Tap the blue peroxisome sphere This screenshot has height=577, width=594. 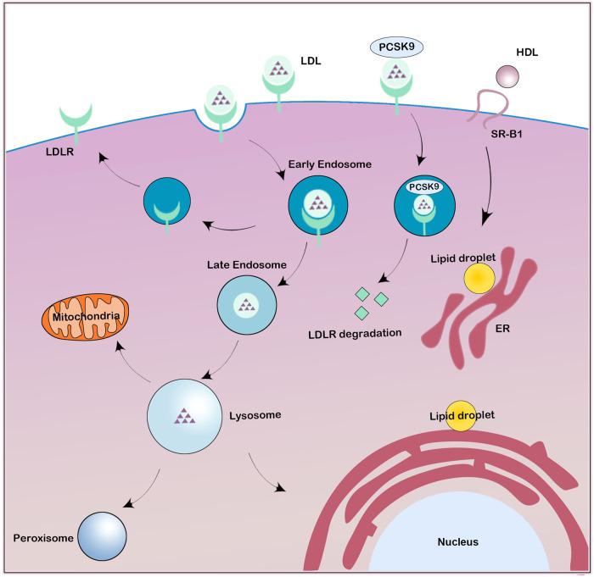click(102, 535)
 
